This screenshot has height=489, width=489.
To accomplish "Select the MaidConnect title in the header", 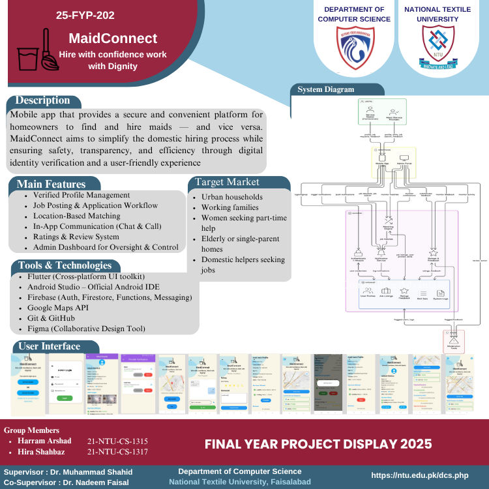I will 113,38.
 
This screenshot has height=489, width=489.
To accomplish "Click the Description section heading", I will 42,100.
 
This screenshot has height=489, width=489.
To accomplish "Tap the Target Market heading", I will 225,182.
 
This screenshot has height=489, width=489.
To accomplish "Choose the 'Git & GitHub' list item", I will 63,318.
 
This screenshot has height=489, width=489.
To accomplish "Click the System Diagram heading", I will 326,89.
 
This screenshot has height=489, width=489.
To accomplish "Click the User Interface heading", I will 50,346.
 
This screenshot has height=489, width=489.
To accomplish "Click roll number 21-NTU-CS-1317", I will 117,452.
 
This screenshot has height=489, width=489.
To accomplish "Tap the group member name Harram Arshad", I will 40,441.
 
